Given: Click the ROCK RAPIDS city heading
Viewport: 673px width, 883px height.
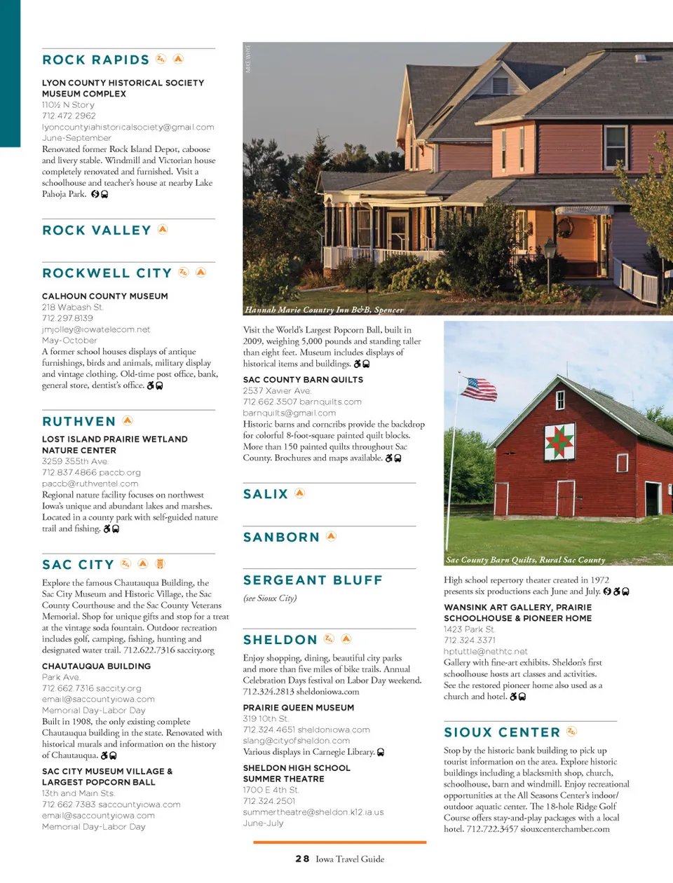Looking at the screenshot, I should tap(96, 60).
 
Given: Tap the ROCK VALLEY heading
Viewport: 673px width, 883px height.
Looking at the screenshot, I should tap(97, 231).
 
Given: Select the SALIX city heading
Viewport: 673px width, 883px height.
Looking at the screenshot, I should tap(266, 494).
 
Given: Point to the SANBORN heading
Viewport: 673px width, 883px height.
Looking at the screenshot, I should tap(281, 538).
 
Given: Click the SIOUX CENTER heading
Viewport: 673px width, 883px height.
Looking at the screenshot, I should tap(502, 732).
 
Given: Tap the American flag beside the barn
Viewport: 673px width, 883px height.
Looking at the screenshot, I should tap(480, 389).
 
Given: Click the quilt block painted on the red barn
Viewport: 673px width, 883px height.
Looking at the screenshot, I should tap(559, 441).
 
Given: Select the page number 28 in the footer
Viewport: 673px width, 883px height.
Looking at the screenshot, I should tap(302, 858).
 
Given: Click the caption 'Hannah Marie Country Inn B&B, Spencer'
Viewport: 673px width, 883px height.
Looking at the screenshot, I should tap(324, 310).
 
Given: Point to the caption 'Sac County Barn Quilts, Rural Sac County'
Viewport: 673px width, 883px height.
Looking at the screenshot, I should tap(525, 560).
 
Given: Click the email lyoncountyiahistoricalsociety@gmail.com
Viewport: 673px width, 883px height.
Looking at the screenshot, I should tap(128, 128).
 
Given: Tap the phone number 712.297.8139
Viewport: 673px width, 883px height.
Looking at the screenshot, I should tap(67, 318).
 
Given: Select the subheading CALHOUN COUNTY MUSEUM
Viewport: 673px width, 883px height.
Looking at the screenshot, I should tap(104, 296).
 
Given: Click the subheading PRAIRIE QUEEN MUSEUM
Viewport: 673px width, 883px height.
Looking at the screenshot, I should tap(298, 708).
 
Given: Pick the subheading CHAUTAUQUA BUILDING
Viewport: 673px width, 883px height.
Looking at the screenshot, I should tap(96, 666).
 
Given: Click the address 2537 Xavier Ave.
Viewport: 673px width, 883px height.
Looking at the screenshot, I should tap(277, 391).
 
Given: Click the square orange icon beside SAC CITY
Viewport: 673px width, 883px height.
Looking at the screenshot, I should tap(160, 564).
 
